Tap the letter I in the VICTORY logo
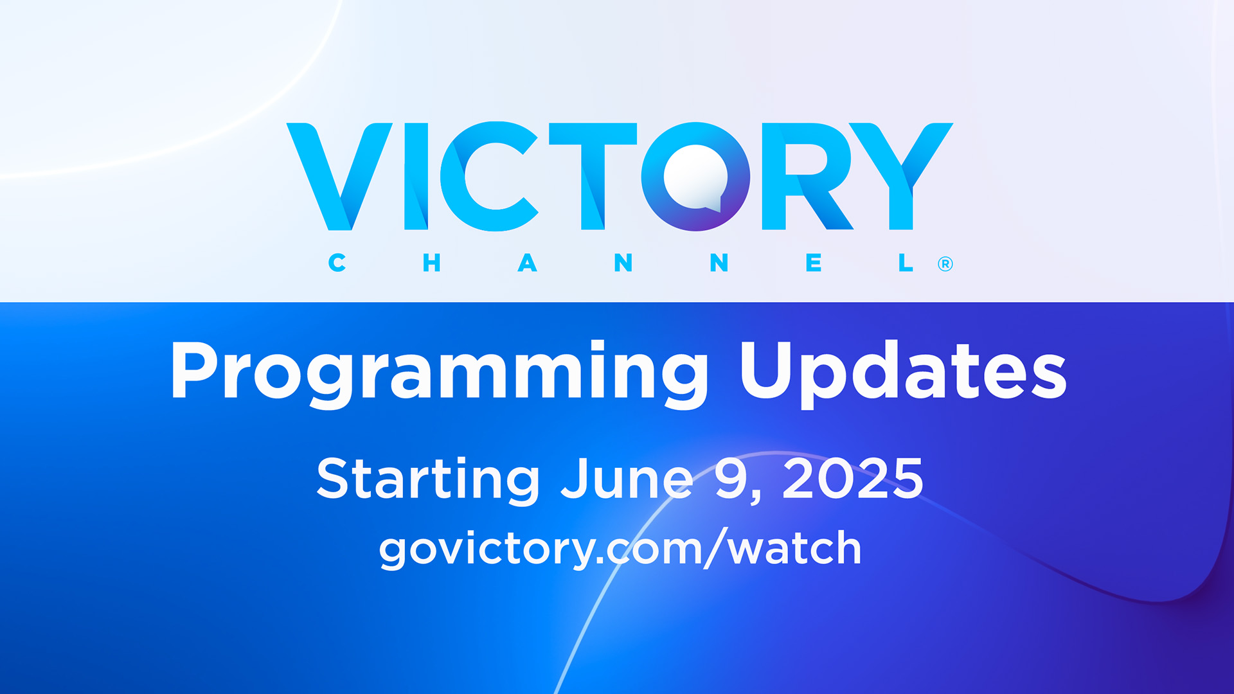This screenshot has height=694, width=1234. (x=416, y=176)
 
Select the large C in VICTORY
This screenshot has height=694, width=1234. (x=488, y=176)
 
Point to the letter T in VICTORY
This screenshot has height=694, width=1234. (x=593, y=176)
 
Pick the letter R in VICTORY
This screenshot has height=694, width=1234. (x=807, y=176)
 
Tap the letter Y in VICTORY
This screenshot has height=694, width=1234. (x=900, y=176)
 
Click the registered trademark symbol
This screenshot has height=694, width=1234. (x=945, y=264)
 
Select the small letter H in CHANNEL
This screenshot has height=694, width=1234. (x=431, y=263)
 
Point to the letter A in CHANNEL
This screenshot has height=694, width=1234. (x=527, y=263)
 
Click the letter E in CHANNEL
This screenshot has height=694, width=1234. (x=814, y=263)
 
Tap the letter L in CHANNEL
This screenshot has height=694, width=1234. (x=906, y=263)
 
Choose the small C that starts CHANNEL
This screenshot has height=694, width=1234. (x=337, y=263)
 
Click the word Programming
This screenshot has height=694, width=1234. (x=440, y=373)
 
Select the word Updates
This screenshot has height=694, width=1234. (x=904, y=373)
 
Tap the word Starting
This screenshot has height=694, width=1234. (x=428, y=479)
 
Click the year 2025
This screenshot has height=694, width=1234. (x=853, y=479)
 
